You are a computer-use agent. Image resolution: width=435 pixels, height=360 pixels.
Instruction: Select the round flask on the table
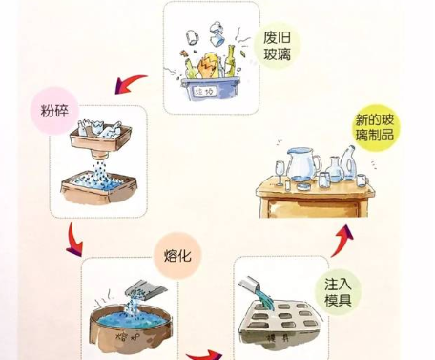click(336, 171)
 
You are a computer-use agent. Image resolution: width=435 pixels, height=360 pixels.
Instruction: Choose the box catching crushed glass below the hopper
click(101, 190)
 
